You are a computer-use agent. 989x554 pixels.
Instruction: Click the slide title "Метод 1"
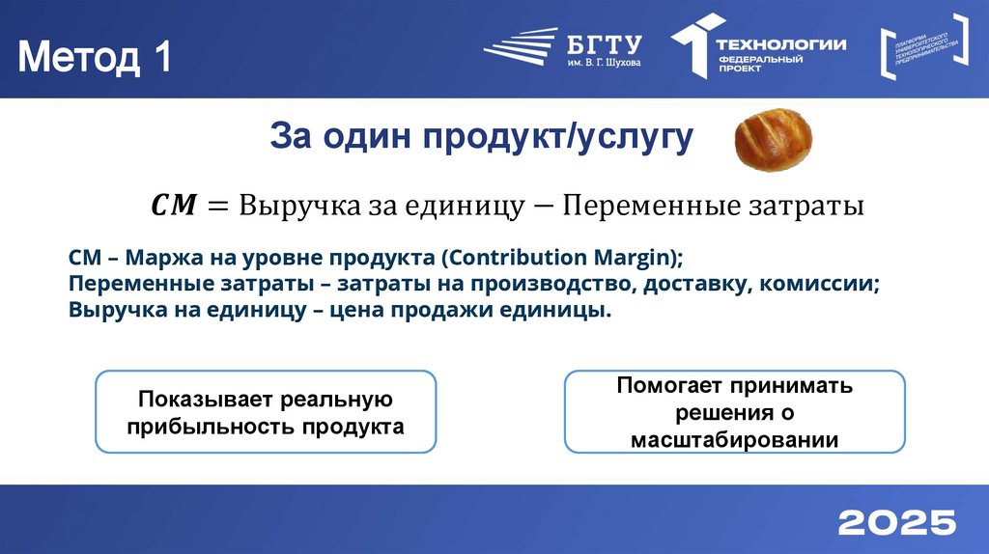[95, 58]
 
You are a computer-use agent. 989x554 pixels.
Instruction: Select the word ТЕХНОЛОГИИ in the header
[781, 43]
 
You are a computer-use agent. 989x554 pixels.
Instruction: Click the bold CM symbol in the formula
[174, 206]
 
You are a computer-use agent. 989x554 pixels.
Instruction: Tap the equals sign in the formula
[216, 206]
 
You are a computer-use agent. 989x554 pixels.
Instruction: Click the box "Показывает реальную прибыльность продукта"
[266, 412]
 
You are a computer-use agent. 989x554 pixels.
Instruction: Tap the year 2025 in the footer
[896, 522]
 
